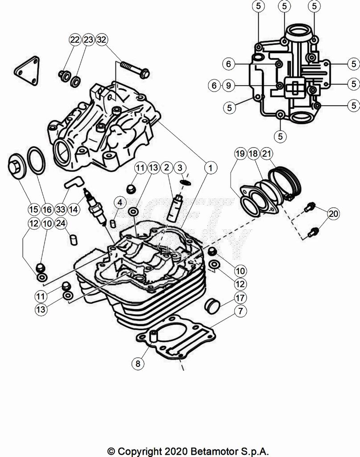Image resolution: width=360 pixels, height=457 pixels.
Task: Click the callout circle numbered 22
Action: (x=74, y=40)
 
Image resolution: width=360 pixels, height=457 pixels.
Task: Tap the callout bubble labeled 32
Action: (x=102, y=40)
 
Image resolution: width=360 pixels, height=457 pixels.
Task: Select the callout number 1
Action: (x=209, y=168)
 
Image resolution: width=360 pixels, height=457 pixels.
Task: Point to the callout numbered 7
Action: (x=240, y=311)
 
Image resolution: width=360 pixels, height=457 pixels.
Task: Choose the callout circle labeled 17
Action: (x=240, y=297)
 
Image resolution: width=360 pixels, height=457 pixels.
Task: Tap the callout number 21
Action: (x=266, y=154)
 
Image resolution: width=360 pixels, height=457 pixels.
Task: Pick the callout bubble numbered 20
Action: (x=333, y=214)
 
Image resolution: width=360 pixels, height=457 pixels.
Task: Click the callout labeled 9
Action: (x=228, y=85)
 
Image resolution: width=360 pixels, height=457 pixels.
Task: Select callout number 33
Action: (x=61, y=208)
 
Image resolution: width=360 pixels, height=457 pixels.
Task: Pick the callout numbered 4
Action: (x=119, y=203)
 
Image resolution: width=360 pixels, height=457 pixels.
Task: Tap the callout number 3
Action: (x=180, y=168)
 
